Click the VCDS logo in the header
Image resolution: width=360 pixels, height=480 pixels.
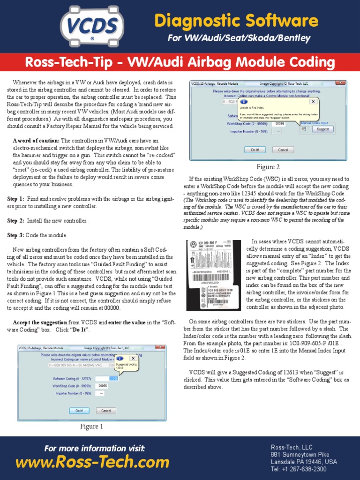pos(92,26)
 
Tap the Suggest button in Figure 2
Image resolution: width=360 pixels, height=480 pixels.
pos(322,129)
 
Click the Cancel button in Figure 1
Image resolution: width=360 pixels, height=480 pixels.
pos(106,411)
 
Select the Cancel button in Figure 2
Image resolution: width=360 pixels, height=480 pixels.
pos(283,150)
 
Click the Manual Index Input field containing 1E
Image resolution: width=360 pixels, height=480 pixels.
pos(304,129)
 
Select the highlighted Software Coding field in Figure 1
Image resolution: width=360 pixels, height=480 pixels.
pos(113,378)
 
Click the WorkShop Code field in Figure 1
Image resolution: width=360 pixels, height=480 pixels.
pos(102,386)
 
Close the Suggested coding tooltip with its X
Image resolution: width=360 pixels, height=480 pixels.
pos(133,359)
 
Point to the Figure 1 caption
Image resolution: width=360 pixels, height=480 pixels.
pos(91,427)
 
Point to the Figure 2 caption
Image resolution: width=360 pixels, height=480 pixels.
pos(268,167)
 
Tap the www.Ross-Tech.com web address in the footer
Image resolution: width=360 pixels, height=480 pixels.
pos(92,463)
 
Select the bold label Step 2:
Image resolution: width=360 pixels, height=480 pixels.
pos(16,220)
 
